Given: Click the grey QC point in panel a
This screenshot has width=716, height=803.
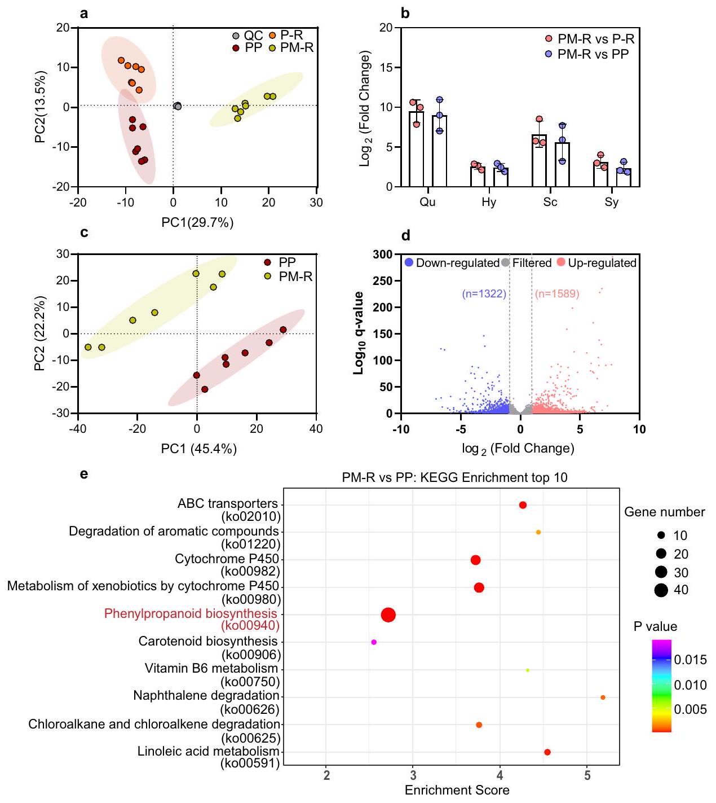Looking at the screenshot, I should click(x=178, y=106).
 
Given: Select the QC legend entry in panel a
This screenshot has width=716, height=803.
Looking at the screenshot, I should click(x=253, y=36).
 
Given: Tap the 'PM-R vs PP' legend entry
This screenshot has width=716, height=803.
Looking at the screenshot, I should click(x=593, y=54).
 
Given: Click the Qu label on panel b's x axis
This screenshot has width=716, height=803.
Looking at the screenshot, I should click(x=428, y=202).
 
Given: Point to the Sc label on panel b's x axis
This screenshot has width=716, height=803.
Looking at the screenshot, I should click(x=550, y=202).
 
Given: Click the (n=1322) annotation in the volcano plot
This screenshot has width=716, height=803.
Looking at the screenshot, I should click(x=484, y=293).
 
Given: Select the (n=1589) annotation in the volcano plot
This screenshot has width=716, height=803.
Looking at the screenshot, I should click(x=557, y=293).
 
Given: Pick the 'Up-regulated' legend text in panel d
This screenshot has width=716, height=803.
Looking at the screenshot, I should click(x=602, y=263).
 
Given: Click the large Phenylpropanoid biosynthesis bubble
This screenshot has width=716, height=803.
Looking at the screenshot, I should click(x=388, y=615).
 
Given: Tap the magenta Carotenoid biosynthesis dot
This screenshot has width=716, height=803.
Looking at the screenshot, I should click(x=374, y=642).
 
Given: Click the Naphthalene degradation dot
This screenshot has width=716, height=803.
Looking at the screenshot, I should click(x=603, y=697).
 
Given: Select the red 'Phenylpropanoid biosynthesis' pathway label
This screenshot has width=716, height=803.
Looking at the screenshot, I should click(x=191, y=613).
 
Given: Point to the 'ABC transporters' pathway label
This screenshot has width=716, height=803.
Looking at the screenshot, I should click(x=228, y=503).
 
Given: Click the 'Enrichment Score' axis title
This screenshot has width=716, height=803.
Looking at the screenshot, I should click(x=457, y=790).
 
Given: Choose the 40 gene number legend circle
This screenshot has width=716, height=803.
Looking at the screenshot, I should click(x=661, y=590).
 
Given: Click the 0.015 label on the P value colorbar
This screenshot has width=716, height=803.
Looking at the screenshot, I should click(x=690, y=660).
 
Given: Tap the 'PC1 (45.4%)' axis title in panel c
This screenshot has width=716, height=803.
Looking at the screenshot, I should click(x=199, y=449).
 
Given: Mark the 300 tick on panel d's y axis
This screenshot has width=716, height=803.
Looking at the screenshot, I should click(x=383, y=254).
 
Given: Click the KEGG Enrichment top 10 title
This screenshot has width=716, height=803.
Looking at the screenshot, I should click(x=454, y=477).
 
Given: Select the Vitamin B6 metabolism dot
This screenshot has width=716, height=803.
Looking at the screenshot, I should click(x=527, y=670).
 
